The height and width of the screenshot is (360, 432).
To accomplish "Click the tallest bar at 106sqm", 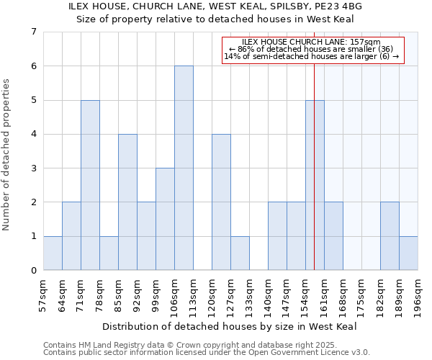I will [x=184, y=168].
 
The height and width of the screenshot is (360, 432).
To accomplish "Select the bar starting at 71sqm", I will [x=90, y=185].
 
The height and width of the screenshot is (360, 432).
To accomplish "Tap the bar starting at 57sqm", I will [x=53, y=253].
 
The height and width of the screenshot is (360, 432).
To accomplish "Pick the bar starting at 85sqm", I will [x=127, y=202].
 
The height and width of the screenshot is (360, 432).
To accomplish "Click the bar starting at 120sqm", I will [x=221, y=202].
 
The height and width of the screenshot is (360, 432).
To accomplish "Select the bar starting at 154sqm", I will [x=315, y=185].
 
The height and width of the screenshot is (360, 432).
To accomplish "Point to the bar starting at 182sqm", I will [x=390, y=236].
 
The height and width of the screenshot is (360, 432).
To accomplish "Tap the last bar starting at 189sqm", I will [x=408, y=253].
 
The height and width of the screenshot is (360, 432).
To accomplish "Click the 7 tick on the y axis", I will [x=33, y=32].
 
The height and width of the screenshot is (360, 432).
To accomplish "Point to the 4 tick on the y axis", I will [x=33, y=134].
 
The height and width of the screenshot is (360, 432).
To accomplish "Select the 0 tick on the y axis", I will [x=33, y=270].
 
